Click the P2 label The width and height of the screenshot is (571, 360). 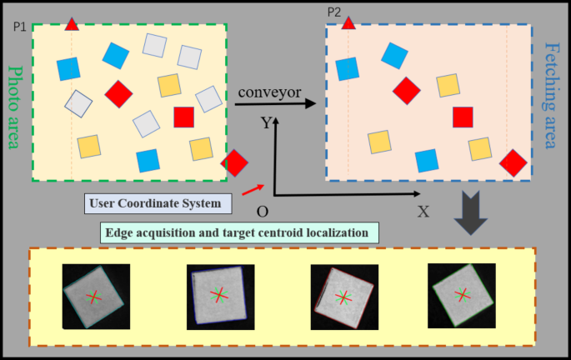tap(334, 12)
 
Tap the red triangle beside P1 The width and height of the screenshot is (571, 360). tap(73, 24)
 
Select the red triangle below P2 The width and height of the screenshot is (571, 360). tap(348, 22)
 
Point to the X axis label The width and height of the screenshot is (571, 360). tap(423, 212)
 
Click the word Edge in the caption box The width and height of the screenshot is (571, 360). tap(122, 232)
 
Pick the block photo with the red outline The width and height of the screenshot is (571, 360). tap(343, 297)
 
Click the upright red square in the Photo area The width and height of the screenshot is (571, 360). tap(184, 117)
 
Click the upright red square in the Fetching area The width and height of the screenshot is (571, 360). tap(463, 117)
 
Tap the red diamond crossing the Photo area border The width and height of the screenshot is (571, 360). tap(235, 163)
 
